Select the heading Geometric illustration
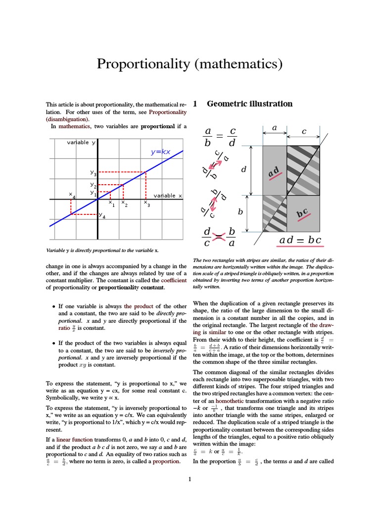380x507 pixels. [x=249, y=104]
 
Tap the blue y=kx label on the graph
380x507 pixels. [x=160, y=152]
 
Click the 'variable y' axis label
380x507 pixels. [x=81, y=143]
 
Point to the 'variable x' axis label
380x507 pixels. [x=168, y=196]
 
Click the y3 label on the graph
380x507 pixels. [x=93, y=173]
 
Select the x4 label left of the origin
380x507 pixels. [x=72, y=196]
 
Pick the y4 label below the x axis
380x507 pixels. [x=101, y=215]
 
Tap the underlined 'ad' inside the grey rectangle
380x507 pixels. [x=274, y=172]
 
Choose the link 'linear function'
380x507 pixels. [x=71, y=439]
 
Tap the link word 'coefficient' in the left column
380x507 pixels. [x=174, y=280]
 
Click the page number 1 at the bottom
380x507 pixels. [x=190, y=479]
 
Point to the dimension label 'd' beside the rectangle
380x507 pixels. [x=243, y=170]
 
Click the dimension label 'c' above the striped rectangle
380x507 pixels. [x=304, y=132]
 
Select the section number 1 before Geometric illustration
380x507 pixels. [x=195, y=104]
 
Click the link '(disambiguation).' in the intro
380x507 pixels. [x=68, y=119]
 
